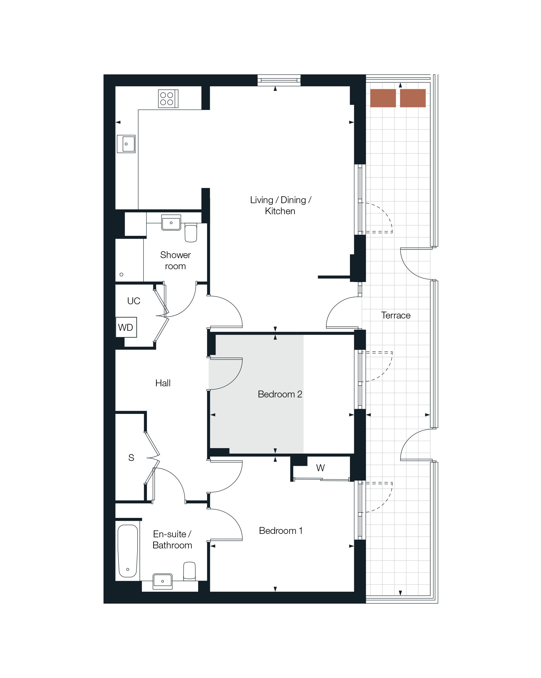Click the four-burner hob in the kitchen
pos(168,99)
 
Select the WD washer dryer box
pos(126,327)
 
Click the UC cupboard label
pos(134,301)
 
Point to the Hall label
pos(163,383)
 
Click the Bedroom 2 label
pos(280,394)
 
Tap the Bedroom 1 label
pos(280,530)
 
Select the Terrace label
pos(396,315)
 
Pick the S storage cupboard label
pos(131,458)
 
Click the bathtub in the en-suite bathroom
pos(128,551)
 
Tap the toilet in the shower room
pos(191,233)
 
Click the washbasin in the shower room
pos(171,222)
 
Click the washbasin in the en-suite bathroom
pos(163,581)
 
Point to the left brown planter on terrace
pos(383,98)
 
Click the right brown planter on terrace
pos(413,98)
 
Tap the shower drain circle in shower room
pos(121,275)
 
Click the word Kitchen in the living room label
pos(280,211)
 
